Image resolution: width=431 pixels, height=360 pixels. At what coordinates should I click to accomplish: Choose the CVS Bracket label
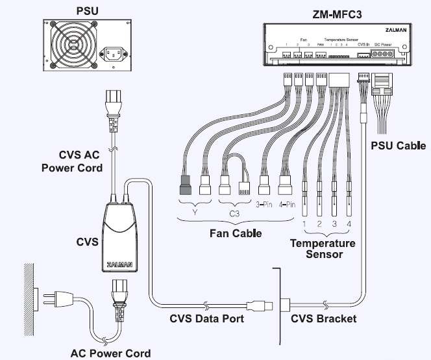323,318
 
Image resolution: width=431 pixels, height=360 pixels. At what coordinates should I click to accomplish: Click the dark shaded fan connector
185,185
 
